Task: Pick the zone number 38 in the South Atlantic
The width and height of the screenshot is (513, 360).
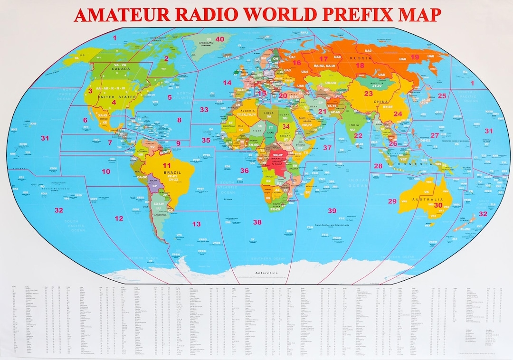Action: (257, 222)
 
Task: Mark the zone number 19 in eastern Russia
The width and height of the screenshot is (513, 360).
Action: (415, 57)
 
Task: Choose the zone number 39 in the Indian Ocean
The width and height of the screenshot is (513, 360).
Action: (332, 210)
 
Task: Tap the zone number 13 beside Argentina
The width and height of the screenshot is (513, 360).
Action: (196, 224)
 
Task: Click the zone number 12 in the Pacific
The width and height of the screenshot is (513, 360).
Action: (118, 218)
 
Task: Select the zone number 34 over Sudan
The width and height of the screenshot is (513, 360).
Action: (285, 127)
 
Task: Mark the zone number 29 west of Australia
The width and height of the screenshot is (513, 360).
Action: (392, 201)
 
